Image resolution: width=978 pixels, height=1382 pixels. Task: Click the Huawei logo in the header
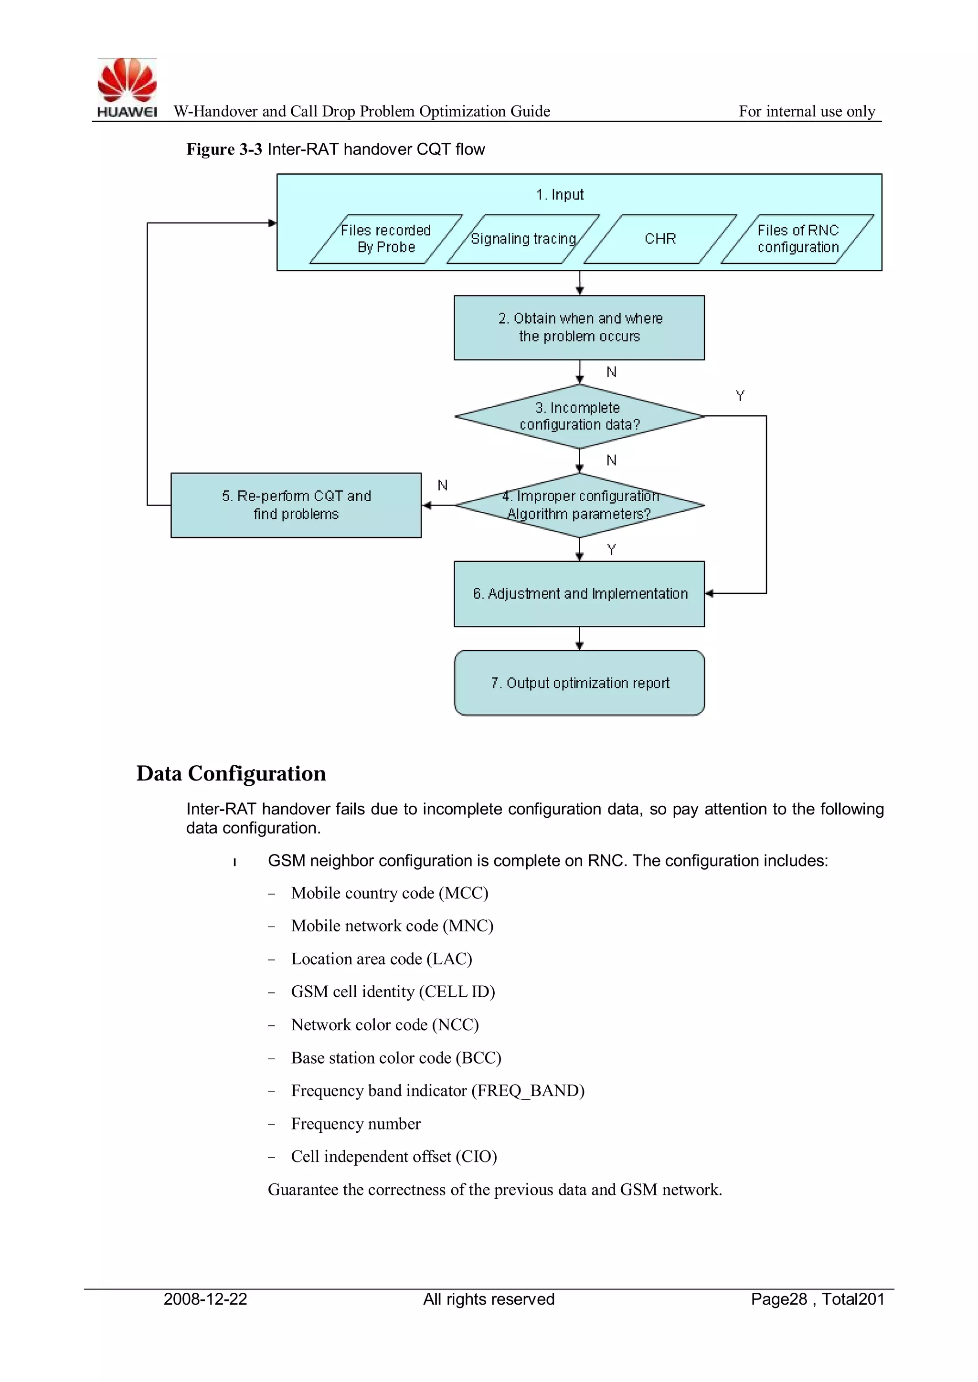point(127,87)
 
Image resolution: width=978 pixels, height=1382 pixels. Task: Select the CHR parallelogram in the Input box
point(660,239)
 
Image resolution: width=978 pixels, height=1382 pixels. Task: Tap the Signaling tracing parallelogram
point(523,239)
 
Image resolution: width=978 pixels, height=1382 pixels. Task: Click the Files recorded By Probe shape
point(386,239)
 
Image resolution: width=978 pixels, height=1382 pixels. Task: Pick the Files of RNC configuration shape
point(797,239)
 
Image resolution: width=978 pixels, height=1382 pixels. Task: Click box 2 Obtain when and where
point(579,327)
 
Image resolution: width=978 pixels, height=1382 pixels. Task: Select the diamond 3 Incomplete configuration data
point(579,416)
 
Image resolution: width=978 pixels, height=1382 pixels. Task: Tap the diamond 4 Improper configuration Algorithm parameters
point(579,505)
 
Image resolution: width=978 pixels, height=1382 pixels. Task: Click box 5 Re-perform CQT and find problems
point(296,505)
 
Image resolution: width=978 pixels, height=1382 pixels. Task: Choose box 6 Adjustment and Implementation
point(579,593)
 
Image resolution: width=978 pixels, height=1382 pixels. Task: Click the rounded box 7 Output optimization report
point(579,683)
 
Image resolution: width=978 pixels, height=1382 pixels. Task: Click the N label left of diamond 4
point(443,485)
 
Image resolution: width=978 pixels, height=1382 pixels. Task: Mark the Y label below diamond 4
point(611,549)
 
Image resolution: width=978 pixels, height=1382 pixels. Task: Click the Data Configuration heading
point(231,773)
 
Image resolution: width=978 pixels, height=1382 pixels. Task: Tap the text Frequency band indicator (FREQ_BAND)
point(437,1091)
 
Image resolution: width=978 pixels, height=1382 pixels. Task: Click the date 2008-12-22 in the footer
point(205,1299)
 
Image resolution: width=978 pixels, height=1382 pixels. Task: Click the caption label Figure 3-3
point(223,149)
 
